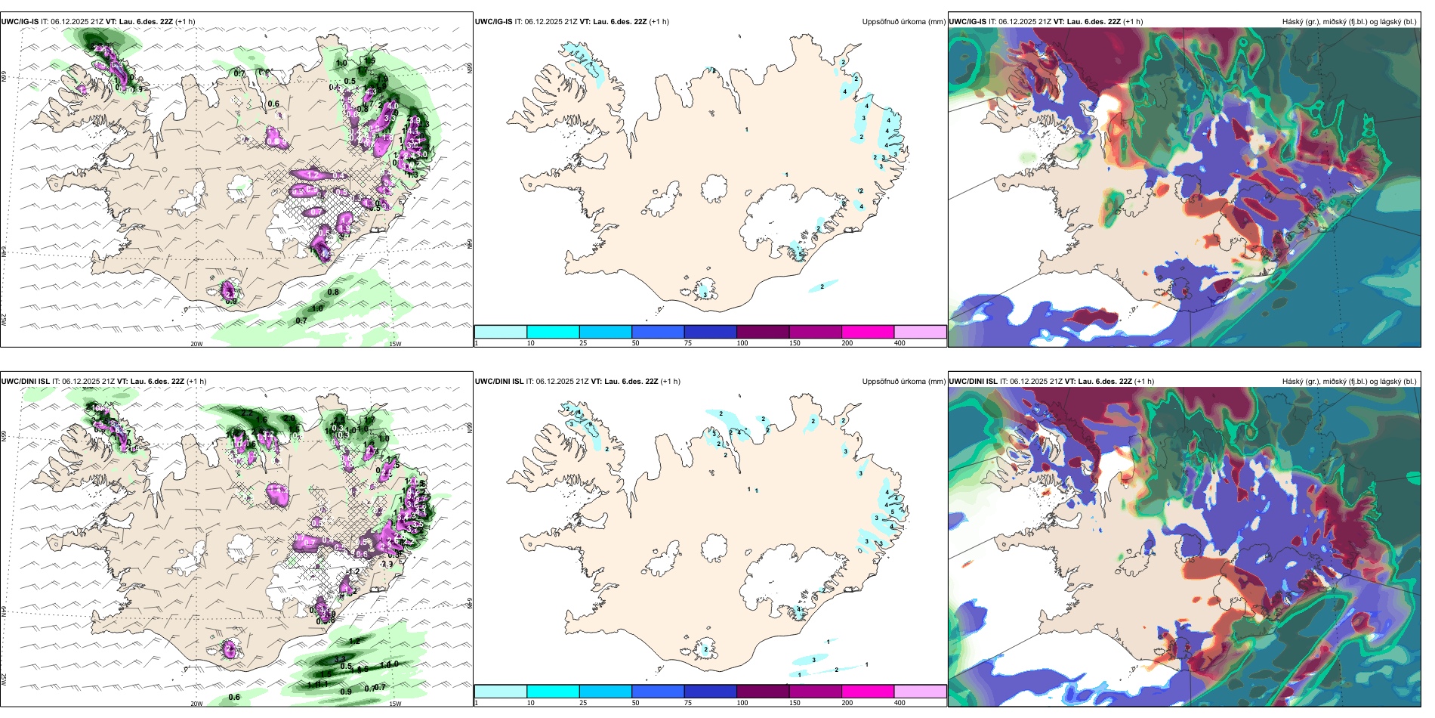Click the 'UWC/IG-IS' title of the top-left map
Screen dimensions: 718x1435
pyautogui.click(x=20, y=21)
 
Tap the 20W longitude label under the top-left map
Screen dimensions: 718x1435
pyautogui.click(x=196, y=344)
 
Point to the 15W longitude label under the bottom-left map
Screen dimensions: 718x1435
pyautogui.click(x=395, y=704)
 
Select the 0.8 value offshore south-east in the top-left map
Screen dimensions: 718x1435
pyautogui.click(x=333, y=292)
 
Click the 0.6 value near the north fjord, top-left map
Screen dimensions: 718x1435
pyautogui.click(x=273, y=104)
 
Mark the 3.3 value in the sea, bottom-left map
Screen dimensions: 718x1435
pyautogui.click(x=339, y=660)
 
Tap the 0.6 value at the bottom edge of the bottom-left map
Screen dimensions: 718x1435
pyautogui.click(x=234, y=698)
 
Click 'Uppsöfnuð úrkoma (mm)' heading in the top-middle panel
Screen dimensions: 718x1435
pyautogui.click(x=903, y=21)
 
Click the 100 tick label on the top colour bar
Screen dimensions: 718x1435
pyautogui.click(x=742, y=343)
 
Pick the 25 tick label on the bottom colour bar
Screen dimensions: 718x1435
pyautogui.click(x=583, y=703)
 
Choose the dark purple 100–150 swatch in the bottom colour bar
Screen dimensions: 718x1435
pyautogui.click(x=763, y=692)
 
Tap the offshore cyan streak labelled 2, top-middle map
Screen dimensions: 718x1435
pyautogui.click(x=822, y=286)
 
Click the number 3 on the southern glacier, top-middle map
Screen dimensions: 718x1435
pyautogui.click(x=705, y=293)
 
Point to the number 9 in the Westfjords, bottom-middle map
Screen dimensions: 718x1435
pyautogui.click(x=589, y=424)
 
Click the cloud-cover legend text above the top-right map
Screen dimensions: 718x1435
pyautogui.click(x=1349, y=21)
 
